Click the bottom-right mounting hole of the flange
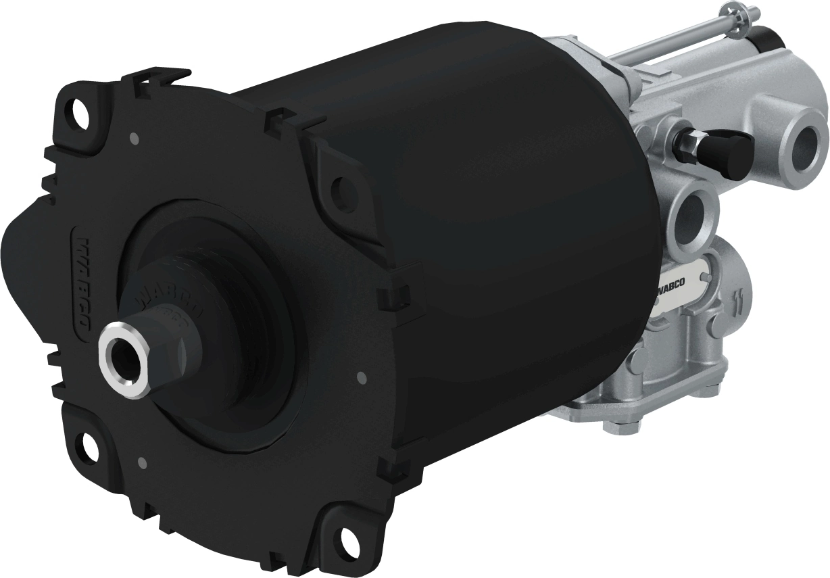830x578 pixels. pos(349,539)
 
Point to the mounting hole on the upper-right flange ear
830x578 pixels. pos(344,183)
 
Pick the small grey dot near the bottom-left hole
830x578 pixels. pos(141,463)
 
